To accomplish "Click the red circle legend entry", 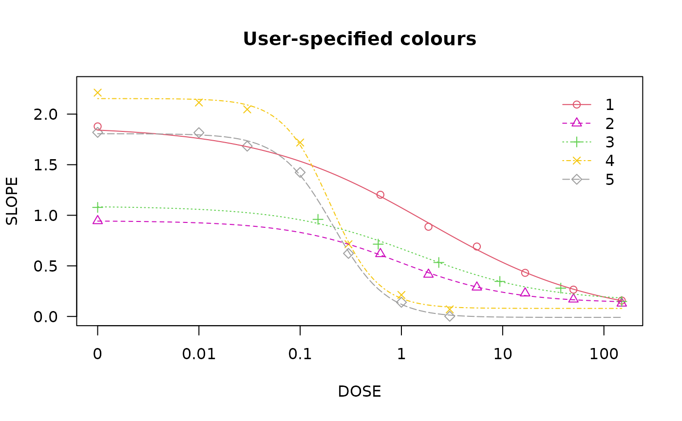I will (x=577, y=105).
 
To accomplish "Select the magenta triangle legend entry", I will (x=577, y=123).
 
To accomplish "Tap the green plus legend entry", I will (x=577, y=142).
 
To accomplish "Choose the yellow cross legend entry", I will (x=577, y=160).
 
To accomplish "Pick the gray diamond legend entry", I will (x=577, y=179).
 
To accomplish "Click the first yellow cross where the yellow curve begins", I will (x=97, y=92).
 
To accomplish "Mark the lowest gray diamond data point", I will (x=450, y=316).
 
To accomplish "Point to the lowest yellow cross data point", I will (x=450, y=309).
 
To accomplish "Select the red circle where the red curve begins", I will (x=97, y=127).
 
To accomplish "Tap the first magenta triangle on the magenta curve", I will (x=97, y=220).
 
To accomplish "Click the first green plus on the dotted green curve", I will (x=97, y=207).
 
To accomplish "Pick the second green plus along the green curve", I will (x=318, y=220).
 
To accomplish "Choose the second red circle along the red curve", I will (x=380, y=195).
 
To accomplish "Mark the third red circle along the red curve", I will (x=428, y=226).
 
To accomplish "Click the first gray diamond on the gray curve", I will (x=97, y=132).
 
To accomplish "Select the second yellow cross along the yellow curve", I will (x=199, y=102).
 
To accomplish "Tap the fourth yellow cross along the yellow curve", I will (x=300, y=143).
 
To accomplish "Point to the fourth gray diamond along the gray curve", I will (x=300, y=172).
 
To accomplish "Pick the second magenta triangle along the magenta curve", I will (x=380, y=253).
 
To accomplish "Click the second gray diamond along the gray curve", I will (x=199, y=132).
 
